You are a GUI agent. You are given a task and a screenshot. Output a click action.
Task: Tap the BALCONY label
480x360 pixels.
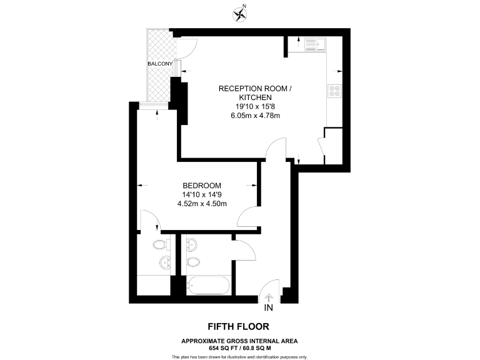click(160, 64)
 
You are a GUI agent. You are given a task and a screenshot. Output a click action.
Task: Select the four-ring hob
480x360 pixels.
click(334, 91)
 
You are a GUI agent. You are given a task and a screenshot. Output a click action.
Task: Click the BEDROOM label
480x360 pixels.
click(202, 186)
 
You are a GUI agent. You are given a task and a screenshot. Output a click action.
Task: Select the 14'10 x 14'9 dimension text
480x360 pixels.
click(201, 194)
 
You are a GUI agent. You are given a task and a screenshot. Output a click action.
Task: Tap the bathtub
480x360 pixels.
click(209, 285)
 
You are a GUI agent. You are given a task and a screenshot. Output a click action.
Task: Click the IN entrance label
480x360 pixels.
click(269, 307)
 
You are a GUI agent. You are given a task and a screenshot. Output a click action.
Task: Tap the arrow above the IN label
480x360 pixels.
click(269, 297)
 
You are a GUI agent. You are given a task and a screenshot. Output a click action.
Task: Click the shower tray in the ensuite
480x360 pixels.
click(154, 284)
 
